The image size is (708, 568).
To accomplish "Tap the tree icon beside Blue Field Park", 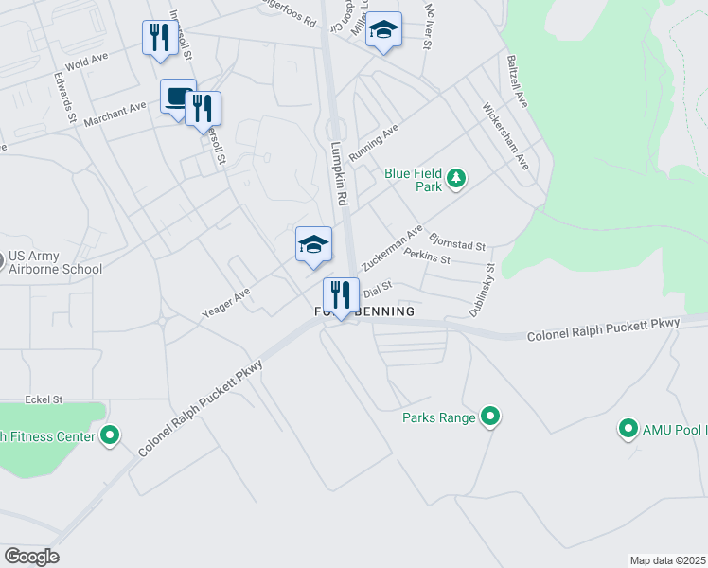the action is click(x=456, y=178).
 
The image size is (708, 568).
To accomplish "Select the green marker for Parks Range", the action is click(x=490, y=417).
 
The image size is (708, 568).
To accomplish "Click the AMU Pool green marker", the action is click(x=627, y=429).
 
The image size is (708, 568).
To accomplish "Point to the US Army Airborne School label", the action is click(x=55, y=263).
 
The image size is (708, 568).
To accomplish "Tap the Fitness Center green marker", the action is click(x=111, y=435).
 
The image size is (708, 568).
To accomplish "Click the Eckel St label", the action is click(x=44, y=400).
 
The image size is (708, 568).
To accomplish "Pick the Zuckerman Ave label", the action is click(x=392, y=249).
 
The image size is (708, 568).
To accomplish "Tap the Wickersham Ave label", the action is click(x=505, y=135).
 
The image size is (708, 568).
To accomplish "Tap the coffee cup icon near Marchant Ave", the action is click(x=177, y=97).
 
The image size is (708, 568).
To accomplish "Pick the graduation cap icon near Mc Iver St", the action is click(x=383, y=30).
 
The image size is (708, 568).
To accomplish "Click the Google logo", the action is click(x=30, y=557).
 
